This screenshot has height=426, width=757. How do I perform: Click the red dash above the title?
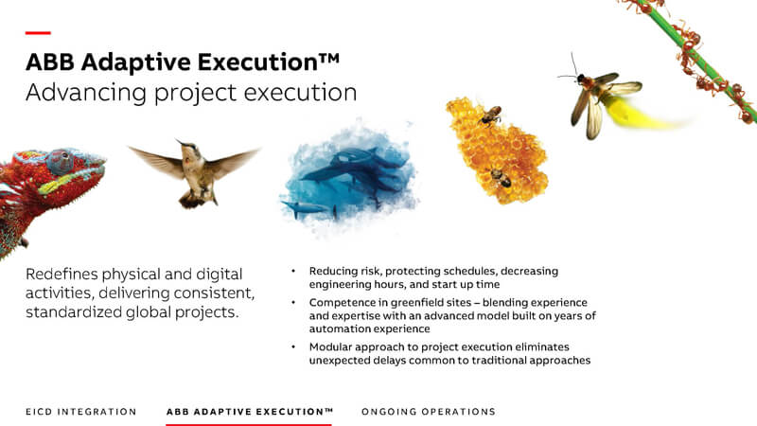(38, 33)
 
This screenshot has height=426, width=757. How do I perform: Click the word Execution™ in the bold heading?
(269, 62)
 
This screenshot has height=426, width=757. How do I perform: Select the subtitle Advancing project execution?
(191, 93)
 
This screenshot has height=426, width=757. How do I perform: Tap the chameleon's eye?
(62, 161)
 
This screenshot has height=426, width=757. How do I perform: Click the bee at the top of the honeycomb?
(490, 115)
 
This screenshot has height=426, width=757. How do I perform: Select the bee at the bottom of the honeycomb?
(501, 178)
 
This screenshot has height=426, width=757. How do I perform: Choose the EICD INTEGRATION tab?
(81, 412)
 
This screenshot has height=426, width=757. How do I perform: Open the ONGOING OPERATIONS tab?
(429, 412)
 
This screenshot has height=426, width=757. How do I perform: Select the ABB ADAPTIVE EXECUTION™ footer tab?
(250, 412)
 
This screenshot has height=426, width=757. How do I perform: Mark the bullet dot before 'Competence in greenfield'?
(293, 302)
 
